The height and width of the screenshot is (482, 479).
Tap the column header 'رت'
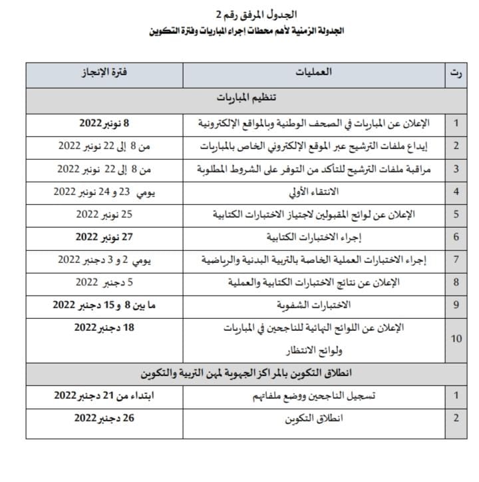pyautogui.click(x=456, y=72)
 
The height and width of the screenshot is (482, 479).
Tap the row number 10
pyautogui.click(x=456, y=338)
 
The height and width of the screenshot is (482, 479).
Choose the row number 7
pyautogui.click(x=456, y=260)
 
